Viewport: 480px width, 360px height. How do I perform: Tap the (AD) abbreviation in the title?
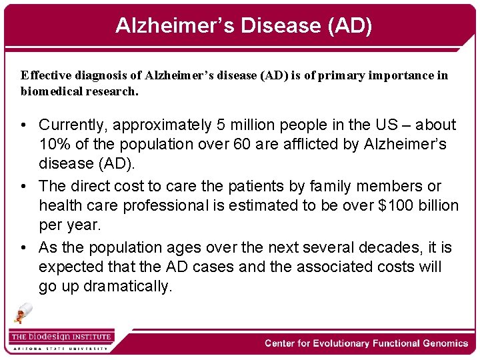pyautogui.click(x=347, y=25)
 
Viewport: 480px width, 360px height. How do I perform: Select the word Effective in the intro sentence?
pyautogui.click(x=45, y=75)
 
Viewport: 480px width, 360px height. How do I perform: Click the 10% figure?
pyautogui.click(x=53, y=144)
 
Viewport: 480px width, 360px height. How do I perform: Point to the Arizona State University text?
pyautogui.click(x=60, y=348)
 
